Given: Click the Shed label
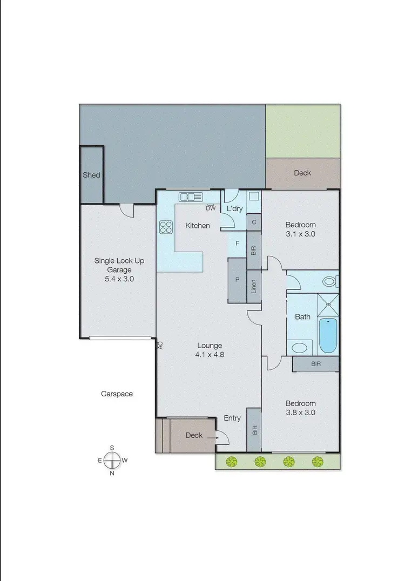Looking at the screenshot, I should pyautogui.click(x=91, y=175).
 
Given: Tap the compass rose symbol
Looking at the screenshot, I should pyautogui.click(x=112, y=460).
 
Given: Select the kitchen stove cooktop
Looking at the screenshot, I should pyautogui.click(x=166, y=228).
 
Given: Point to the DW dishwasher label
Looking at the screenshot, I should pyautogui.click(x=211, y=208).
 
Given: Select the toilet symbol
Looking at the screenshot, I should pyautogui.click(x=330, y=281).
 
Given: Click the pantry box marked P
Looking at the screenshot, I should pyautogui.click(x=237, y=280).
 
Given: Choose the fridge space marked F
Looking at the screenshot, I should pyautogui.click(x=237, y=244).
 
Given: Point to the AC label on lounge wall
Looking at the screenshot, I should pyautogui.click(x=160, y=346).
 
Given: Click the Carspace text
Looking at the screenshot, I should pyautogui.click(x=117, y=394).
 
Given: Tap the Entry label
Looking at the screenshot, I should pyautogui.click(x=232, y=418).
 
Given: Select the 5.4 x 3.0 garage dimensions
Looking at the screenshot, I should pyautogui.click(x=119, y=279).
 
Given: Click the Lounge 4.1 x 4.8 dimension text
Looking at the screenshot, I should pyautogui.click(x=210, y=355).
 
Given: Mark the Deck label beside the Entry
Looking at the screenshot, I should pyautogui.click(x=194, y=435).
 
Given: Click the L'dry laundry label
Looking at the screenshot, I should pyautogui.click(x=235, y=208).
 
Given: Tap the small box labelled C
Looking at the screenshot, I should pyautogui.click(x=254, y=222).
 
